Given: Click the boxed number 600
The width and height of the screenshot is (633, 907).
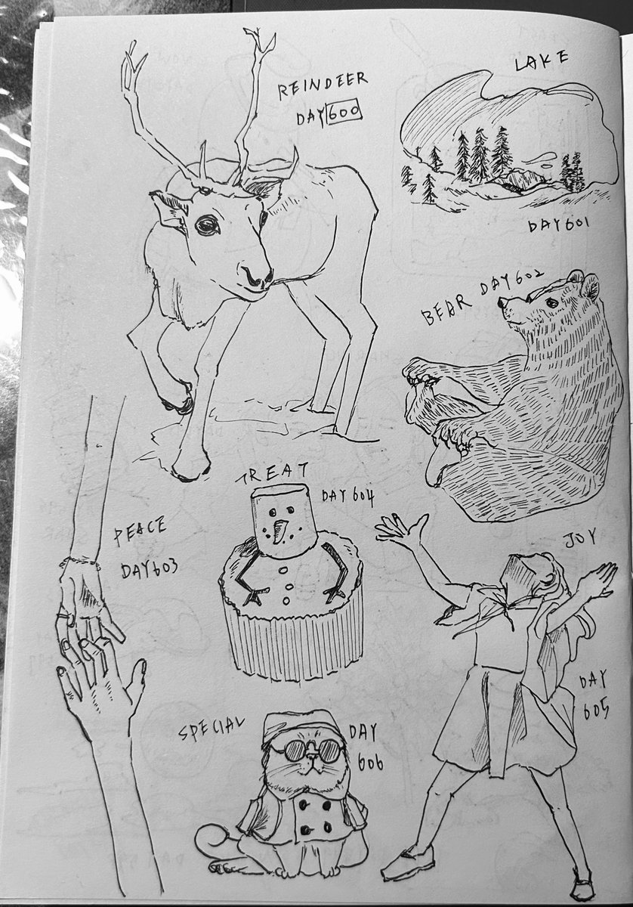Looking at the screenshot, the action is [x=343, y=111].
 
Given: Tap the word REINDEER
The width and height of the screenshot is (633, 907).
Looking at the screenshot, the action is [x=323, y=85].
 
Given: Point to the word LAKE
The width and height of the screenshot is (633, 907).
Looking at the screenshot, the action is [x=541, y=60].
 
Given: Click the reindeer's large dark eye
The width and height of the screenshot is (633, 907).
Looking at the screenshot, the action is [x=207, y=225].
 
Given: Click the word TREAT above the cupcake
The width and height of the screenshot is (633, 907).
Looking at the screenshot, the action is [x=273, y=473].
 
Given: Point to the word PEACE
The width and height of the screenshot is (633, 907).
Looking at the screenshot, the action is [x=140, y=530].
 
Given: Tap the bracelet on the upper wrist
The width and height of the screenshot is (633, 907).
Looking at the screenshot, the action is [x=80, y=562].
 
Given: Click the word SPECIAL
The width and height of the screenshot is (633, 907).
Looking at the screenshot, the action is [x=212, y=727].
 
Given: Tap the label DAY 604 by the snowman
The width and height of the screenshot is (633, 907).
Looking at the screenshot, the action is [x=348, y=496].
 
